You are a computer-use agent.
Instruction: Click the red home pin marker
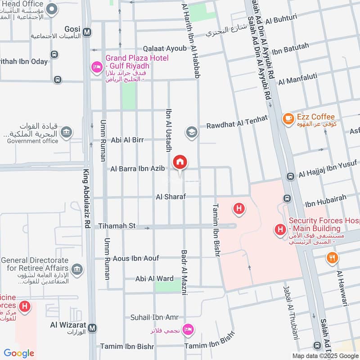(180, 162)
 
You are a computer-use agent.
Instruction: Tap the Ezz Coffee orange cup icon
(288, 119)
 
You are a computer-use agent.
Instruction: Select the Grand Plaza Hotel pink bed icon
(96, 67)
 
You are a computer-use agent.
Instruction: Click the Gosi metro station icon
(87, 32)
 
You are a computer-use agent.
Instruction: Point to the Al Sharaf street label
(171, 197)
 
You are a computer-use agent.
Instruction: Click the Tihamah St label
(117, 226)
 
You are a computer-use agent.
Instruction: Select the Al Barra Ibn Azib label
(138, 169)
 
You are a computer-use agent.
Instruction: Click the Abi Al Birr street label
(127, 140)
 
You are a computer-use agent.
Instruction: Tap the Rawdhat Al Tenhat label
(237, 121)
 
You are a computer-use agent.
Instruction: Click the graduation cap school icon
(192, 132)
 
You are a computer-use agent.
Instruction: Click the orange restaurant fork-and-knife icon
(332, 257)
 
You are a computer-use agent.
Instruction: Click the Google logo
(19, 353)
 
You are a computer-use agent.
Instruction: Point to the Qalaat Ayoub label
(164, 48)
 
